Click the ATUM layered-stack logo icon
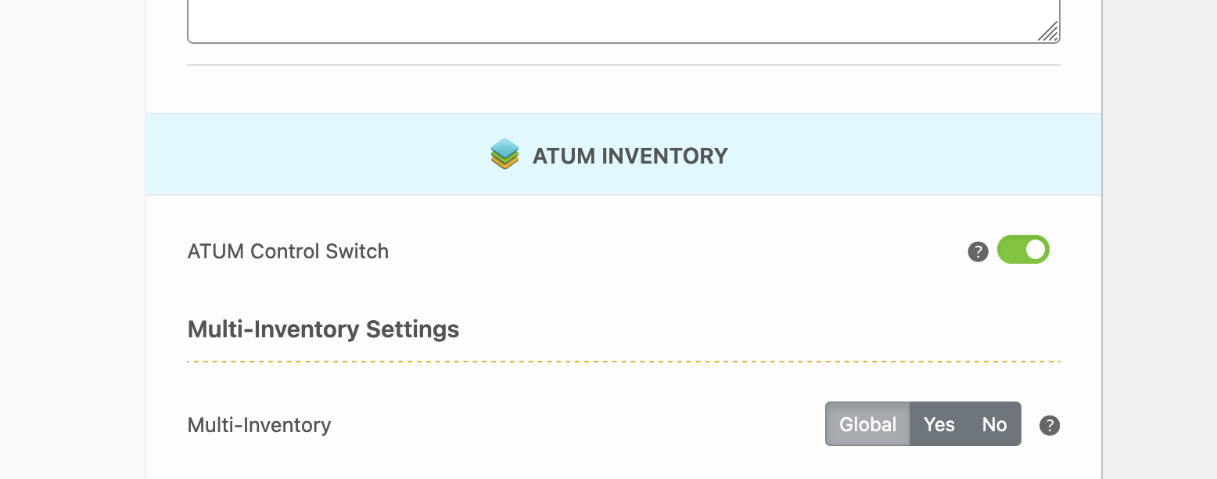(x=504, y=154)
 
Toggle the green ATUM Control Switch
(x=1023, y=250)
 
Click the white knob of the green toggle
(x=1036, y=250)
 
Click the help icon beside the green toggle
(x=978, y=252)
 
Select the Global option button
(x=867, y=424)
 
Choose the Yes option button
(x=939, y=424)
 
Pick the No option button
(x=994, y=424)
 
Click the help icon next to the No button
(x=1050, y=425)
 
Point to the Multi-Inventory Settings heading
(x=323, y=330)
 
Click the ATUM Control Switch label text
(x=288, y=251)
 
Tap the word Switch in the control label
(x=357, y=251)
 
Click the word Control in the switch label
(x=284, y=251)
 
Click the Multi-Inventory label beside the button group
(x=259, y=425)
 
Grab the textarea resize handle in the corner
(x=1048, y=31)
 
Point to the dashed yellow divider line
(x=623, y=361)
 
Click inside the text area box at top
(x=623, y=20)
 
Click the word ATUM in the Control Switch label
(x=216, y=251)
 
